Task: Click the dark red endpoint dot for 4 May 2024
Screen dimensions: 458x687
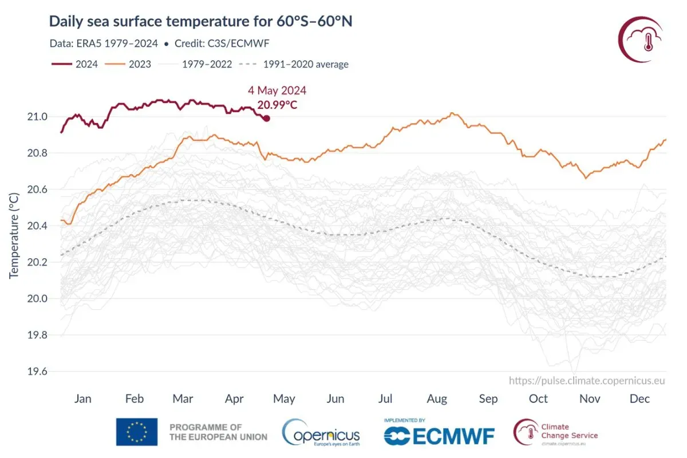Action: coord(266,118)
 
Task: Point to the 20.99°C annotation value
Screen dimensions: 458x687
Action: coord(277,105)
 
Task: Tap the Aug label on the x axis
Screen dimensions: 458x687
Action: coord(437,398)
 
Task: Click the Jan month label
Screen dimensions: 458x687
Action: coord(83,398)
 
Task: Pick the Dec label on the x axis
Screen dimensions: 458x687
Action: coord(640,398)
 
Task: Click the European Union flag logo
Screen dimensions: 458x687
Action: coord(137,432)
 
